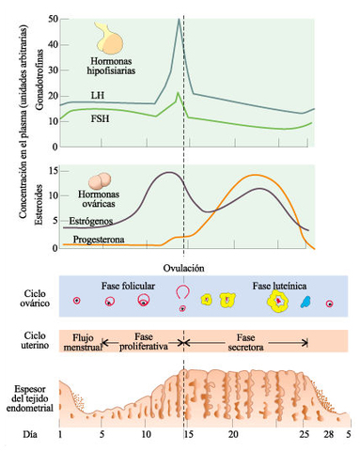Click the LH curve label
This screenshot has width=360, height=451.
tap(98, 96)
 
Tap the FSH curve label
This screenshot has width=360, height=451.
tap(98, 119)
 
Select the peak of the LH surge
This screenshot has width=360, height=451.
tap(179, 19)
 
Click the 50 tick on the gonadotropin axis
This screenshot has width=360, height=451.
tap(52, 19)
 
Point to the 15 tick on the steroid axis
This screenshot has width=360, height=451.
tap(52, 171)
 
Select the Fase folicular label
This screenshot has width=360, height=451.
tap(127, 285)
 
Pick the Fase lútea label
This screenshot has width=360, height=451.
tap(276, 285)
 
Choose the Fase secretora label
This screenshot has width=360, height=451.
tap(245, 341)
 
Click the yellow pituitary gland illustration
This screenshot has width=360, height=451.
tap(110, 40)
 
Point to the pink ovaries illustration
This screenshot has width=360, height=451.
tap(103, 183)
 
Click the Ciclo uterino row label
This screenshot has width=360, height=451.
tap(28, 340)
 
